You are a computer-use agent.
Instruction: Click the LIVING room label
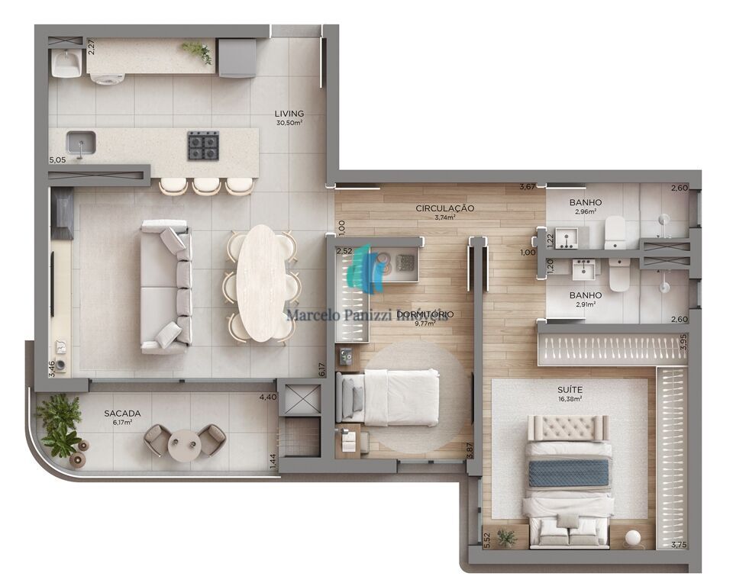coord(289,114)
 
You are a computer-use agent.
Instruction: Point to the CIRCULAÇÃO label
coord(445,208)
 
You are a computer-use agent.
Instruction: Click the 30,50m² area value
coord(289,124)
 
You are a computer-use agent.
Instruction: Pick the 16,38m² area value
coord(569,398)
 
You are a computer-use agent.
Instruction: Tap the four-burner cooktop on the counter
coord(203,144)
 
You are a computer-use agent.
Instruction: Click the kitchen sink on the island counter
coord(79,143)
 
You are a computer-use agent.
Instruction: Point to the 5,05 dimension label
coord(57,160)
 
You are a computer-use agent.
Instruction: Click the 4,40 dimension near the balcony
coord(267,398)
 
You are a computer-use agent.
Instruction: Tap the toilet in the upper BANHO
coord(615,233)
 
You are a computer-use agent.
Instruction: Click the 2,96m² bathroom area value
coord(585,213)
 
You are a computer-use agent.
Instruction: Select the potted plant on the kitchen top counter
coord(198,51)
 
